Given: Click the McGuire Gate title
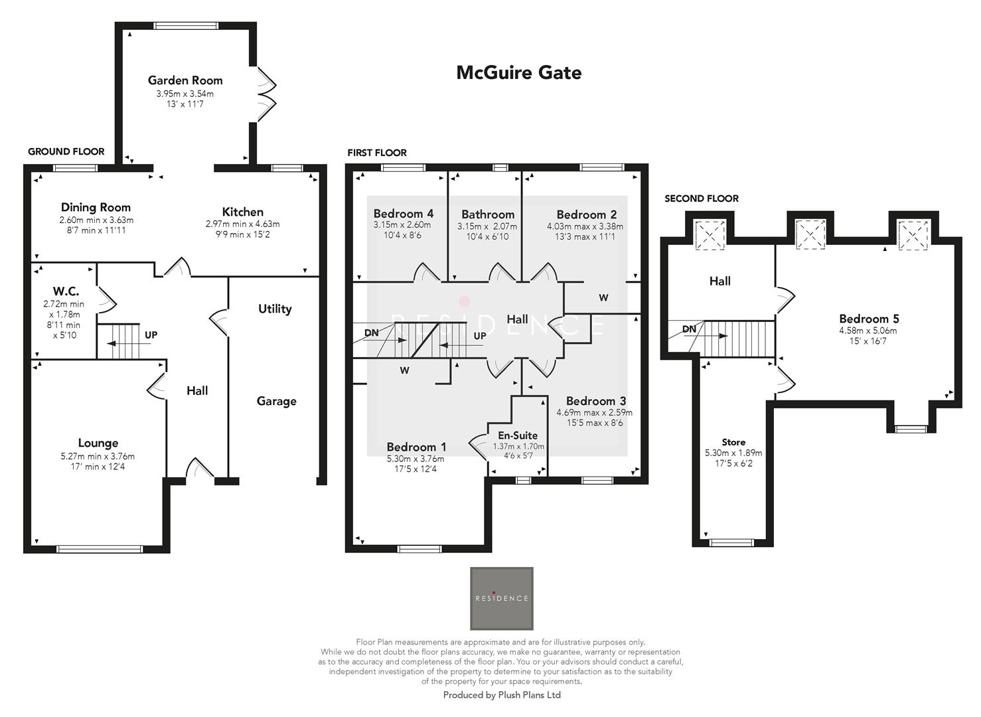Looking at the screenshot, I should click(x=518, y=72).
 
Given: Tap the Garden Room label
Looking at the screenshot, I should click(x=185, y=80).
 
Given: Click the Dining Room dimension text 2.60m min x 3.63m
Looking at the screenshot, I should click(x=96, y=220).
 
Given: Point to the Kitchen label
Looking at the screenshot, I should click(x=242, y=212).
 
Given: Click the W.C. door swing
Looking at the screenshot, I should click(x=106, y=299).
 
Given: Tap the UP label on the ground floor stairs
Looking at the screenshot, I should click(x=151, y=335).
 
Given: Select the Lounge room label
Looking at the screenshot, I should click(x=98, y=443).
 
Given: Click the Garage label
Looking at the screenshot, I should click(x=276, y=401).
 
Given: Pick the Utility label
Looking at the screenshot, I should click(x=275, y=309).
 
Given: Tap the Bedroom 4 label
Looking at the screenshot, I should click(x=403, y=214).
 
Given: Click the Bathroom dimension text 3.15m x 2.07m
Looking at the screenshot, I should click(x=487, y=226).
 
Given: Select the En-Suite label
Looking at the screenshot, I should click(x=518, y=436).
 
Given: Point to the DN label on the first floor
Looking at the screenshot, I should click(x=371, y=332).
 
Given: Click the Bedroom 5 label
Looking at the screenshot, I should click(x=869, y=319).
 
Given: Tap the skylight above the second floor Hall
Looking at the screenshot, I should click(x=708, y=235).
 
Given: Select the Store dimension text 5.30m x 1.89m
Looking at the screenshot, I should click(x=733, y=453).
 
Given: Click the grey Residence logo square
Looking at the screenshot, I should click(x=502, y=598).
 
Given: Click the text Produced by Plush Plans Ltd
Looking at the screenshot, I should click(x=502, y=695).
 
